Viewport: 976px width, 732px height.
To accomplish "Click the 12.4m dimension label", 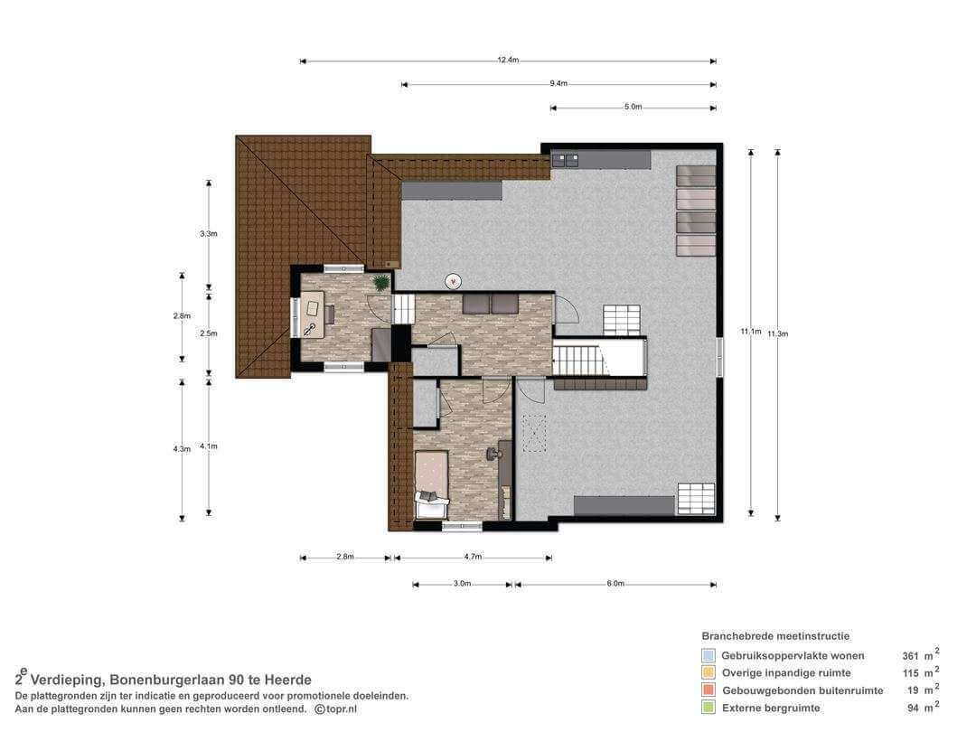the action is (x=508, y=61).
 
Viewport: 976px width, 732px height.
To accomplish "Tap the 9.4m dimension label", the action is (x=558, y=83).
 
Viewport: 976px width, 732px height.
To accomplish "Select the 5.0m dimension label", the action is (x=633, y=107).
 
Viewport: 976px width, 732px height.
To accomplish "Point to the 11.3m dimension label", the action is (x=777, y=333).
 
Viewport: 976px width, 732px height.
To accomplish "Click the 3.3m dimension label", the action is (x=209, y=234).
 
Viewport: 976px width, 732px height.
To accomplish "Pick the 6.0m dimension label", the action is (x=615, y=584).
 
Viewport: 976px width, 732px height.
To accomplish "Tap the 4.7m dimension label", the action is (x=473, y=557).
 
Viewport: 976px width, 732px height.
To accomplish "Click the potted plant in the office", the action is (x=381, y=283).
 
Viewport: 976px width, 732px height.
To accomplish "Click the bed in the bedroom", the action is (x=431, y=484).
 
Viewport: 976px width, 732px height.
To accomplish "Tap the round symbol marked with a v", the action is (x=454, y=281).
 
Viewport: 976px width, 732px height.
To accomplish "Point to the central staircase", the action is (x=579, y=361).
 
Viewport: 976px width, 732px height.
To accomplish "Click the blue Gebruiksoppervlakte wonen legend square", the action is (x=709, y=655).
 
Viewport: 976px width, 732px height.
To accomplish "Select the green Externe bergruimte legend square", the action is (x=709, y=707).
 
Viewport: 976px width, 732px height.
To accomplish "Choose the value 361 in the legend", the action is (x=911, y=656).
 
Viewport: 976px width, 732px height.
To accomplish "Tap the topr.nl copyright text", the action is (x=336, y=709).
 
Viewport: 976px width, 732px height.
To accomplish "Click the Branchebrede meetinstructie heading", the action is (x=775, y=636).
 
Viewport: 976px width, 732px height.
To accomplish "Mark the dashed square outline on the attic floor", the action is (x=534, y=433).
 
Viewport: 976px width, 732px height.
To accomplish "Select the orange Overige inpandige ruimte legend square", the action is (x=709, y=672).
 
